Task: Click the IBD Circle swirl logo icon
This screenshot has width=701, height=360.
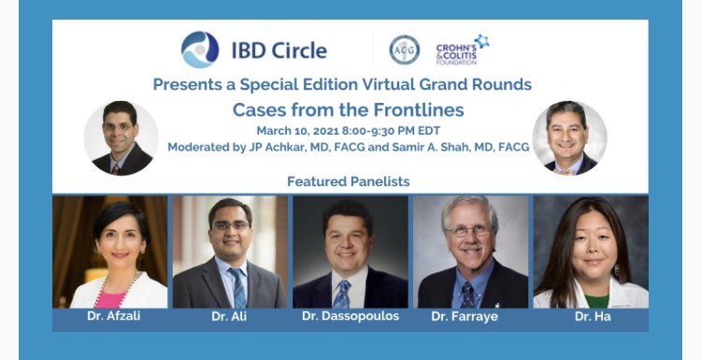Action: [200, 50]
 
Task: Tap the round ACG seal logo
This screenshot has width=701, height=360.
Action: [404, 50]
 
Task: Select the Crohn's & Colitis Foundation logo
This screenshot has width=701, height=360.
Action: [462, 49]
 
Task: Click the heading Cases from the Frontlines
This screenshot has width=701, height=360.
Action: [348, 109]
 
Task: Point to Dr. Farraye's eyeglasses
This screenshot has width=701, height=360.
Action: [469, 230]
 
